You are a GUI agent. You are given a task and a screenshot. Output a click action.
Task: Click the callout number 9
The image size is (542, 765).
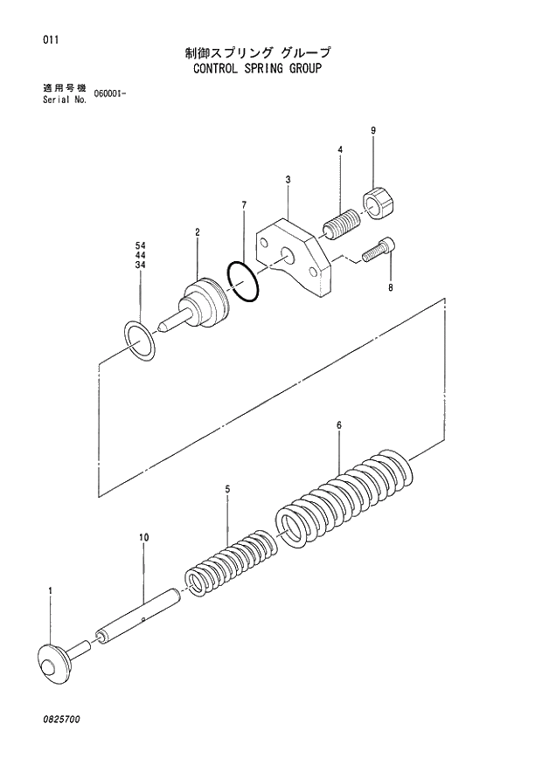(373, 131)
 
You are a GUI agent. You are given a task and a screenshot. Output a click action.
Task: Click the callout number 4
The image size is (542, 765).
(339, 150)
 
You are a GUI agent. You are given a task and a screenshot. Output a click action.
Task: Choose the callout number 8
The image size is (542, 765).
(391, 286)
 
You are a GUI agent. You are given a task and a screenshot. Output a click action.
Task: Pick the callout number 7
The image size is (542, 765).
(244, 205)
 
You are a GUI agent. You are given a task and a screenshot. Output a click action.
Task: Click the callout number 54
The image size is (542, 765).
(140, 245)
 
